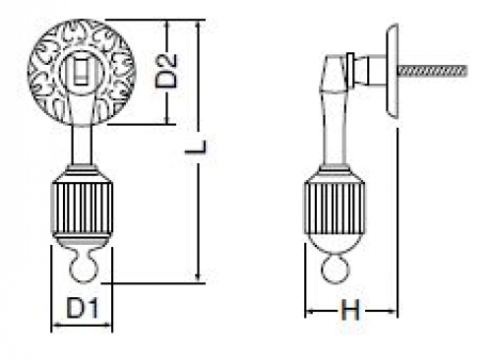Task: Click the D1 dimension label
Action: (x=82, y=308)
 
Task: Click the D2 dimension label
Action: (x=166, y=71)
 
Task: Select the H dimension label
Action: (x=350, y=310)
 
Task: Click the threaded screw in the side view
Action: (x=432, y=71)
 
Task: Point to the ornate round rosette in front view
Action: (x=82, y=73)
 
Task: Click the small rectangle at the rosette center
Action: (x=81, y=71)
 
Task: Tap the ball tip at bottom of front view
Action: (x=84, y=270)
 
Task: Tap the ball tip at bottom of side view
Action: (x=335, y=270)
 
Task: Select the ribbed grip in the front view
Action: (x=82, y=209)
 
